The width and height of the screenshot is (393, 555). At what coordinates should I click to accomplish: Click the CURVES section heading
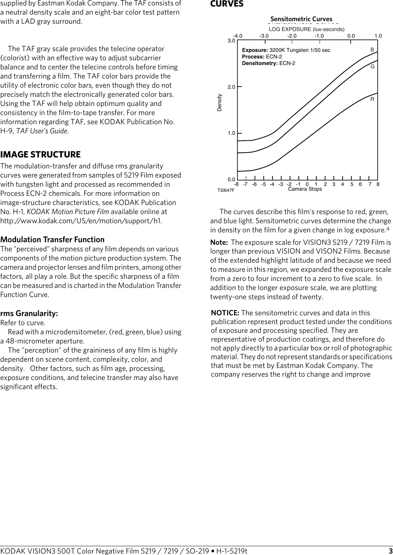[x=226, y=4]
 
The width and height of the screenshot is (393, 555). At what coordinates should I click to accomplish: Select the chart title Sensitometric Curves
[x=301, y=19]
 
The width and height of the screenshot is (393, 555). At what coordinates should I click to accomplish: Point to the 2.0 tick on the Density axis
[x=231, y=87]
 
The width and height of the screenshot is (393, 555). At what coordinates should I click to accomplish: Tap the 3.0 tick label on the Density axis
[x=231, y=41]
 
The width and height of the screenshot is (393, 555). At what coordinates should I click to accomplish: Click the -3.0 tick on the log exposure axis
[x=264, y=36]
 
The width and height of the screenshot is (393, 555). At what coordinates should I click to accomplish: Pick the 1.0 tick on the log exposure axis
[x=378, y=36]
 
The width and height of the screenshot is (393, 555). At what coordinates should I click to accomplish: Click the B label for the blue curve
[x=372, y=50]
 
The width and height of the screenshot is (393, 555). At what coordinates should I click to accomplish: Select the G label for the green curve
[x=372, y=66]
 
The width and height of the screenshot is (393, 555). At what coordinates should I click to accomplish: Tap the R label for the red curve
[x=372, y=99]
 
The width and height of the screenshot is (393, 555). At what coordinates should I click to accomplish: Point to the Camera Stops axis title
[x=305, y=189]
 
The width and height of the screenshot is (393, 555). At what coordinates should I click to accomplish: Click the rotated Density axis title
[x=220, y=103]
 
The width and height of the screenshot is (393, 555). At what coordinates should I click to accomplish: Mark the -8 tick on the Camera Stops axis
[x=236, y=184]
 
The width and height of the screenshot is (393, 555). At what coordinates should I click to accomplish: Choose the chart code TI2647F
[x=226, y=190]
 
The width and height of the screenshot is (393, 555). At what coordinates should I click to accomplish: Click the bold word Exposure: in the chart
[x=255, y=50]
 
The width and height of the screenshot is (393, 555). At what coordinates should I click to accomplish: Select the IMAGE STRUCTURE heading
[x=41, y=155]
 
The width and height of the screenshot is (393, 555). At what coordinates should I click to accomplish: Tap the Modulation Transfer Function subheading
[x=52, y=240]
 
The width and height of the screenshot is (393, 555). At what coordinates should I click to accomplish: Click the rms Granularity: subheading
[x=29, y=313]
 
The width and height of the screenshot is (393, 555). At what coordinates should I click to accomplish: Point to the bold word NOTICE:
[x=225, y=313]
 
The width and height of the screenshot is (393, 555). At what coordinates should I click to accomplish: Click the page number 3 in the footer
[x=390, y=551]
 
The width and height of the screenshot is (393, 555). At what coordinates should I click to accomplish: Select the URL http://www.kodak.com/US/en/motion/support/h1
[x=81, y=221]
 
